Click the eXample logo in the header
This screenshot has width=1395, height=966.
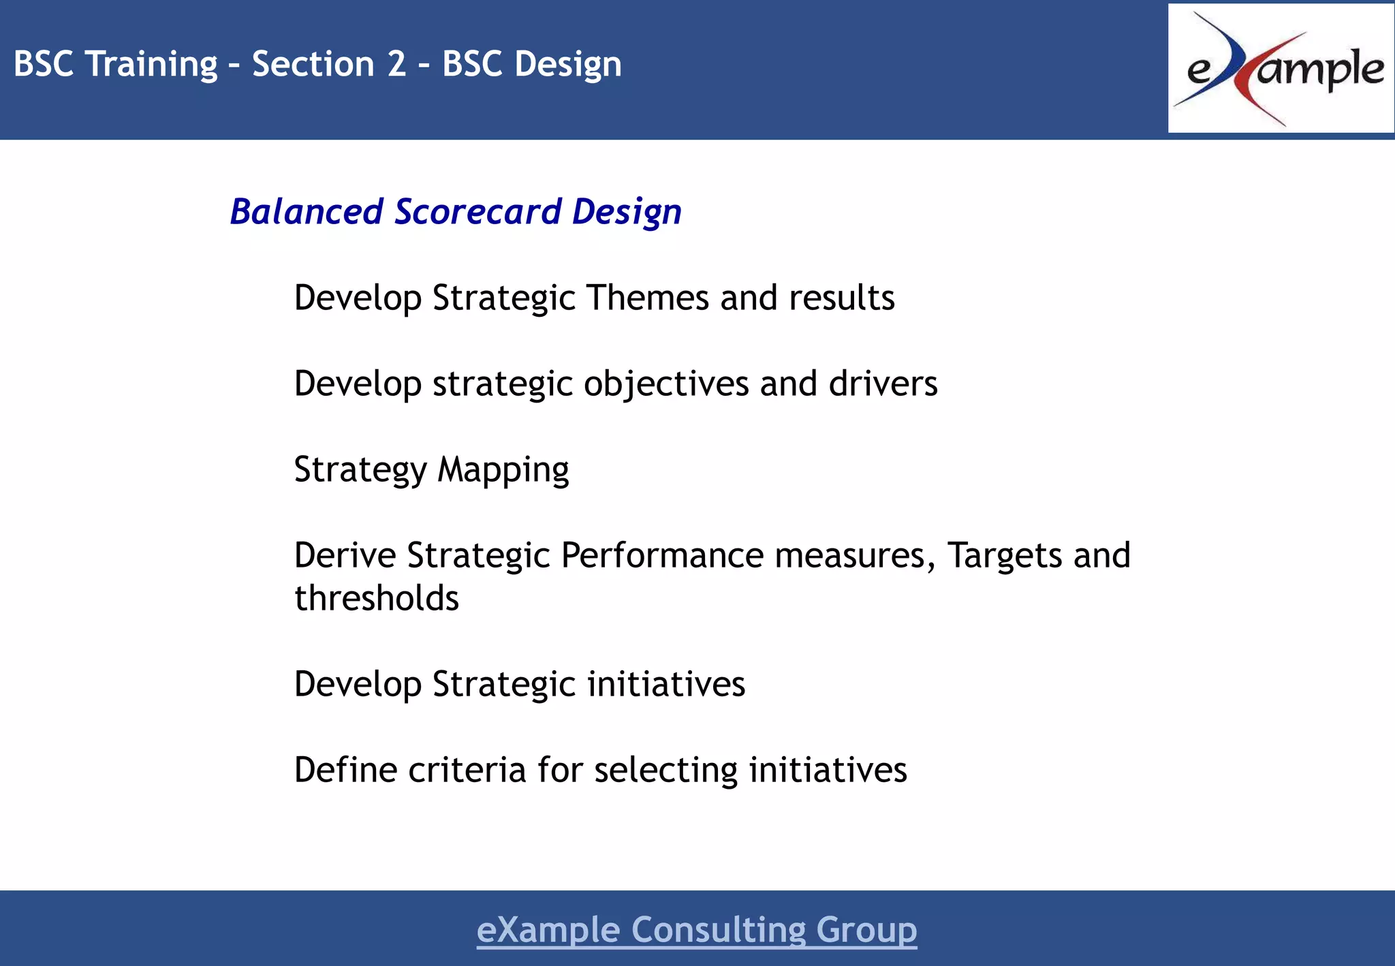1281,68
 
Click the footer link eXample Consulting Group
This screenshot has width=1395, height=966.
696,929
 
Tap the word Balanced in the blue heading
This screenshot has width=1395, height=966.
307,211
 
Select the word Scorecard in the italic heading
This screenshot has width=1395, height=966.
477,211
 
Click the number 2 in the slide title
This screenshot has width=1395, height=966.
396,64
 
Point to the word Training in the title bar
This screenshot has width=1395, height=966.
153,64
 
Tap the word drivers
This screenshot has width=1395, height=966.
883,384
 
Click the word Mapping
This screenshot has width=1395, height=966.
503,470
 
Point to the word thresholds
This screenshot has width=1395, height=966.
377,598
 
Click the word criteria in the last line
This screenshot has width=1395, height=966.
467,770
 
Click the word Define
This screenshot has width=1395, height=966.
345,770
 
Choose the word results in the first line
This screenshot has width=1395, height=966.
841,298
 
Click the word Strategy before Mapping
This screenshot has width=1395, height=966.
360,470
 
